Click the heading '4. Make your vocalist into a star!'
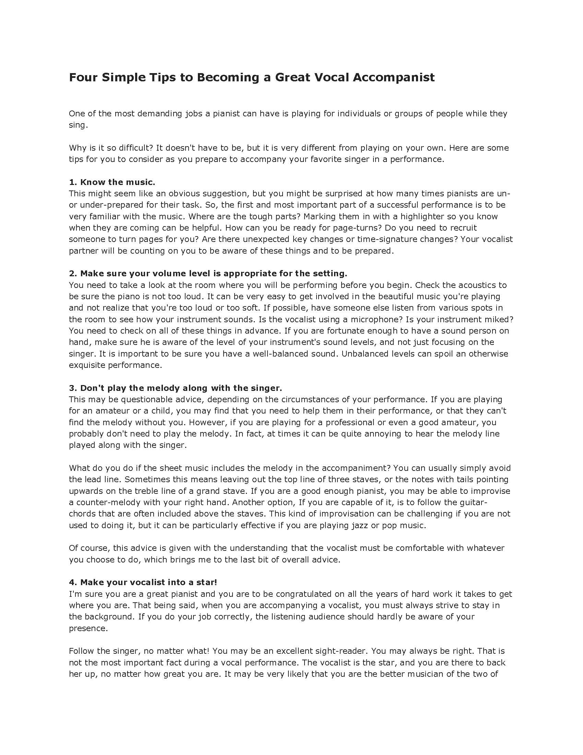[x=143, y=582]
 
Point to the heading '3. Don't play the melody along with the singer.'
[x=176, y=388]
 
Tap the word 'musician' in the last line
[x=426, y=674]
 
